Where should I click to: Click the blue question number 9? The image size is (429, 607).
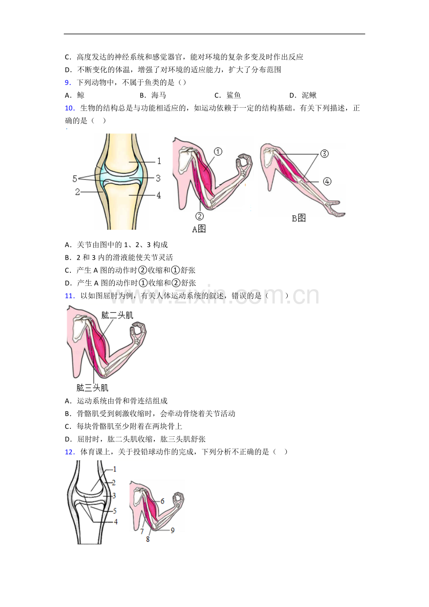click(x=68, y=83)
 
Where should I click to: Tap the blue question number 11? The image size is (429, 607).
click(x=70, y=296)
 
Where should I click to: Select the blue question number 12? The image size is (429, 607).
click(x=70, y=452)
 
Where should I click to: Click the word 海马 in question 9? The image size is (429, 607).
click(x=159, y=95)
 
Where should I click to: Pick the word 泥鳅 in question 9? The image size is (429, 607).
click(x=309, y=95)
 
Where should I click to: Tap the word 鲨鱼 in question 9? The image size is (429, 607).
click(x=234, y=95)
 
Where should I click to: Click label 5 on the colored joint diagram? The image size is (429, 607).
click(x=75, y=179)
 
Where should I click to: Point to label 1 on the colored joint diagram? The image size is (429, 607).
click(x=159, y=161)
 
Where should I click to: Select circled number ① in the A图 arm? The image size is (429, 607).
click(x=218, y=152)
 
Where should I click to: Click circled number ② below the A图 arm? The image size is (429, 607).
click(x=200, y=216)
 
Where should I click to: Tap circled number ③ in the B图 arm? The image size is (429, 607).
click(x=325, y=154)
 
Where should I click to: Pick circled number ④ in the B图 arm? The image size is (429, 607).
click(x=327, y=181)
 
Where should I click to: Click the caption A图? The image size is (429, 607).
click(x=199, y=229)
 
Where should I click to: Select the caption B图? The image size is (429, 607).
click(x=298, y=218)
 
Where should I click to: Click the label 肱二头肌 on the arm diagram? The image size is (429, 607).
click(x=117, y=315)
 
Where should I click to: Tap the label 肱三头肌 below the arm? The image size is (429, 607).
click(x=92, y=388)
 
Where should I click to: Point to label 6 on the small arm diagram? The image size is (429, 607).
click(x=162, y=501)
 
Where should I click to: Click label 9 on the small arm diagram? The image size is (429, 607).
click(x=173, y=531)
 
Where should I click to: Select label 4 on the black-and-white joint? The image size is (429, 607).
click(x=116, y=522)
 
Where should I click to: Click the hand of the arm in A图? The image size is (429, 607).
click(x=245, y=164)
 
